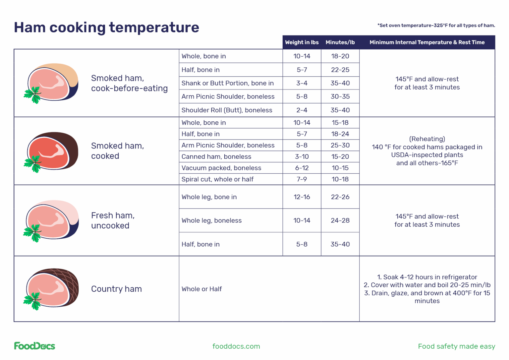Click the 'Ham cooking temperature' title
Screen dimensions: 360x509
point(106,27)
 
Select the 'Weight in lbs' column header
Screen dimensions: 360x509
point(302,42)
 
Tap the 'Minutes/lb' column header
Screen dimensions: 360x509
point(340,42)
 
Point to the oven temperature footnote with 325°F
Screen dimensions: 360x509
point(436,26)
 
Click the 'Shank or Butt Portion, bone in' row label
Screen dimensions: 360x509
point(228,83)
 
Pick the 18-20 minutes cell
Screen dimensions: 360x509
point(340,56)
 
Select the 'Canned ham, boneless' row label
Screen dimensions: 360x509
point(216,156)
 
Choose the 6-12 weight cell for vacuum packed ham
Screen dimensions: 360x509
point(302,168)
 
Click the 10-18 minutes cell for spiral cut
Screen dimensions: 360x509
point(340,179)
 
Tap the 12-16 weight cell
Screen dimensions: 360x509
point(302,197)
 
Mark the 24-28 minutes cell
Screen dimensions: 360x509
point(340,220)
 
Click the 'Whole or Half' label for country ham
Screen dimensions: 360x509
point(201,289)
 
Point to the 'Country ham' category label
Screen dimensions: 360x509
point(116,289)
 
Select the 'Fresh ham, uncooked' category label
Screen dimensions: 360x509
point(113,220)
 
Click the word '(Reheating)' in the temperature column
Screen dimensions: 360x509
point(427,139)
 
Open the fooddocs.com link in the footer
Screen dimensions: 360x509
point(236,346)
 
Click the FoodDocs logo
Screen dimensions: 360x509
point(34,346)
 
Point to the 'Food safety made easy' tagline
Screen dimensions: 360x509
point(456,346)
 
